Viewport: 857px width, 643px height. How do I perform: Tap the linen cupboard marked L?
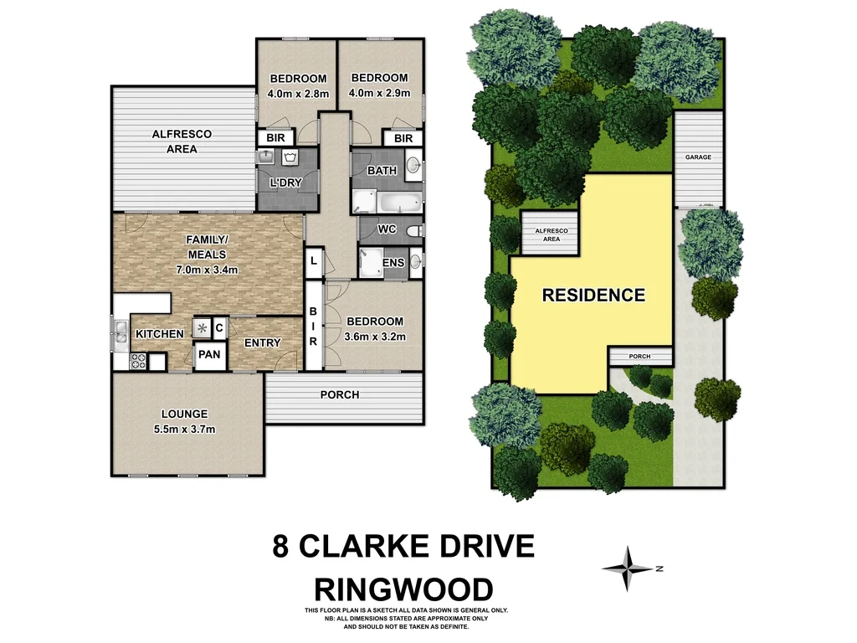click(x=313, y=262)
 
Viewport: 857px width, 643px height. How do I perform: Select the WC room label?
click(x=386, y=229)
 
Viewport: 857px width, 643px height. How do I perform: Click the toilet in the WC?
click(x=413, y=229)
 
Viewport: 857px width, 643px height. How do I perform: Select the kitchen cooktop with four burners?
click(x=137, y=362)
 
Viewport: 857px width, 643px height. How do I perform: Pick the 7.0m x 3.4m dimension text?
click(x=207, y=270)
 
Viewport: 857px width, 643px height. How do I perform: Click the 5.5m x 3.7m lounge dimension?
click(x=185, y=430)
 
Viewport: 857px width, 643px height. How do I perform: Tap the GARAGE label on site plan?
click(x=698, y=157)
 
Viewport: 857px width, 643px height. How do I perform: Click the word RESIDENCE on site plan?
click(x=593, y=295)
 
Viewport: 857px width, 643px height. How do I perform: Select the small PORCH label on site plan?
click(x=639, y=357)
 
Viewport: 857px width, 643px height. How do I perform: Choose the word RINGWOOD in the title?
click(x=403, y=587)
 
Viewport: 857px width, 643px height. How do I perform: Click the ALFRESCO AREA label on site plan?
click(x=548, y=234)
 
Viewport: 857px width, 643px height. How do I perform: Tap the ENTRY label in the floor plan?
click(x=262, y=342)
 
